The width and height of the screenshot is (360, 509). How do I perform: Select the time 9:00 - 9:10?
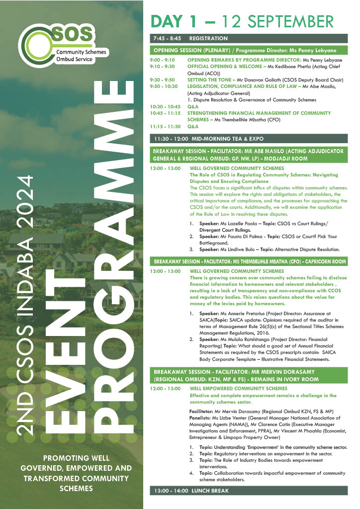pos(163,60)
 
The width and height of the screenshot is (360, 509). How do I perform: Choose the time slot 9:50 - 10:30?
pos(164,86)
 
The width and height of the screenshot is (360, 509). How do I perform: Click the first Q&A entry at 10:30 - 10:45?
pos(192,106)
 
